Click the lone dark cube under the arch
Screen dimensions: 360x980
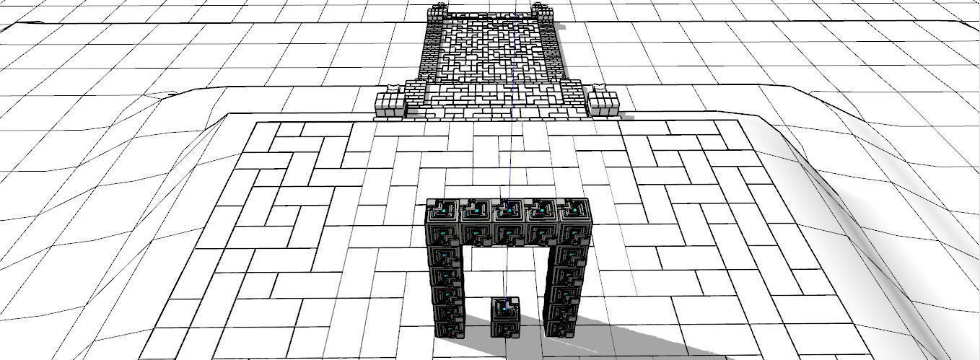pos(505,318)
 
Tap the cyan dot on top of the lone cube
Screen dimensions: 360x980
pos(507,305)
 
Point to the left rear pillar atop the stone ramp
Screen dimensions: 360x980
pos(437,12)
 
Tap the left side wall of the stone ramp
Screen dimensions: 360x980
pos(430,51)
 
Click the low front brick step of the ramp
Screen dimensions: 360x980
pos(498,112)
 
